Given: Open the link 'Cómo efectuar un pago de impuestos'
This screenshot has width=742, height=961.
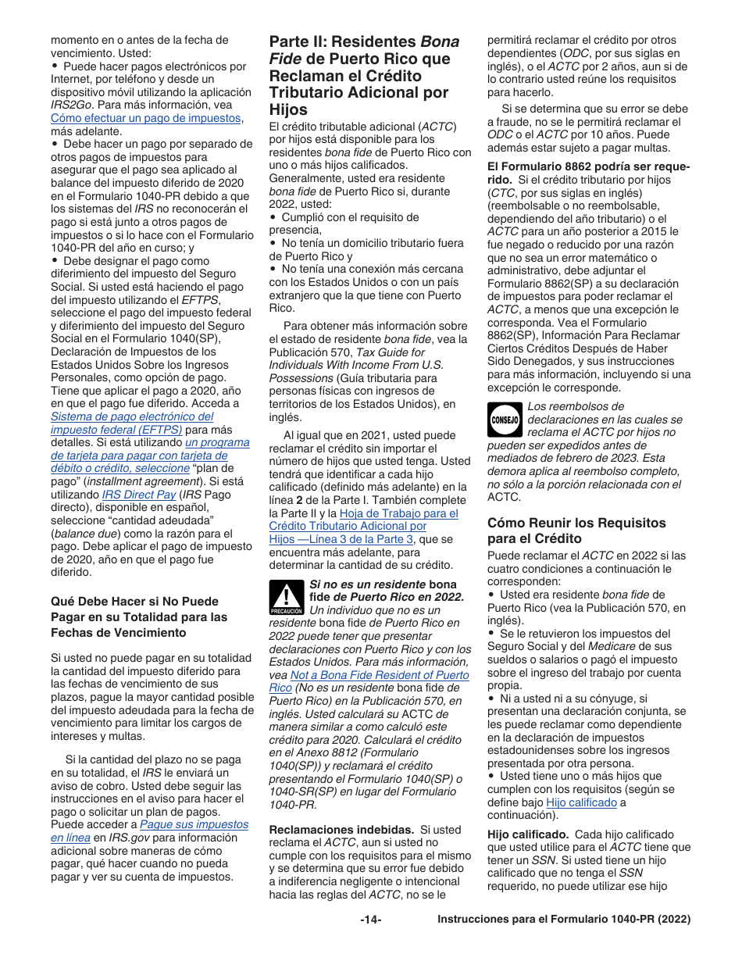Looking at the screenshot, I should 146,118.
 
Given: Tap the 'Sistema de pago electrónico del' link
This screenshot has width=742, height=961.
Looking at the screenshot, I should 132,416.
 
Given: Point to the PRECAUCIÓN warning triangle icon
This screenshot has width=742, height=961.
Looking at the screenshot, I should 287,598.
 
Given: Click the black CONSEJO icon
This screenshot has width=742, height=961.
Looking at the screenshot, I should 505,420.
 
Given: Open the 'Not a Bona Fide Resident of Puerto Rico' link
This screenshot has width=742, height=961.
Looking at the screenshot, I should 380,675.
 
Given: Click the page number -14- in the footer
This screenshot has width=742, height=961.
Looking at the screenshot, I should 370,920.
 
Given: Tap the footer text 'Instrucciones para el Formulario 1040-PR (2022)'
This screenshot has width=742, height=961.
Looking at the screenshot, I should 564,920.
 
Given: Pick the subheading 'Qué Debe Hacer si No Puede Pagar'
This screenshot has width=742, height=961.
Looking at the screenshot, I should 139,616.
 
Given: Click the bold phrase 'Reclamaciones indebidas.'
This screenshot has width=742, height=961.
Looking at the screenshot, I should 341,829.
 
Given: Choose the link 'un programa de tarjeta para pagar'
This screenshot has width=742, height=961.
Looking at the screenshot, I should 217,442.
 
